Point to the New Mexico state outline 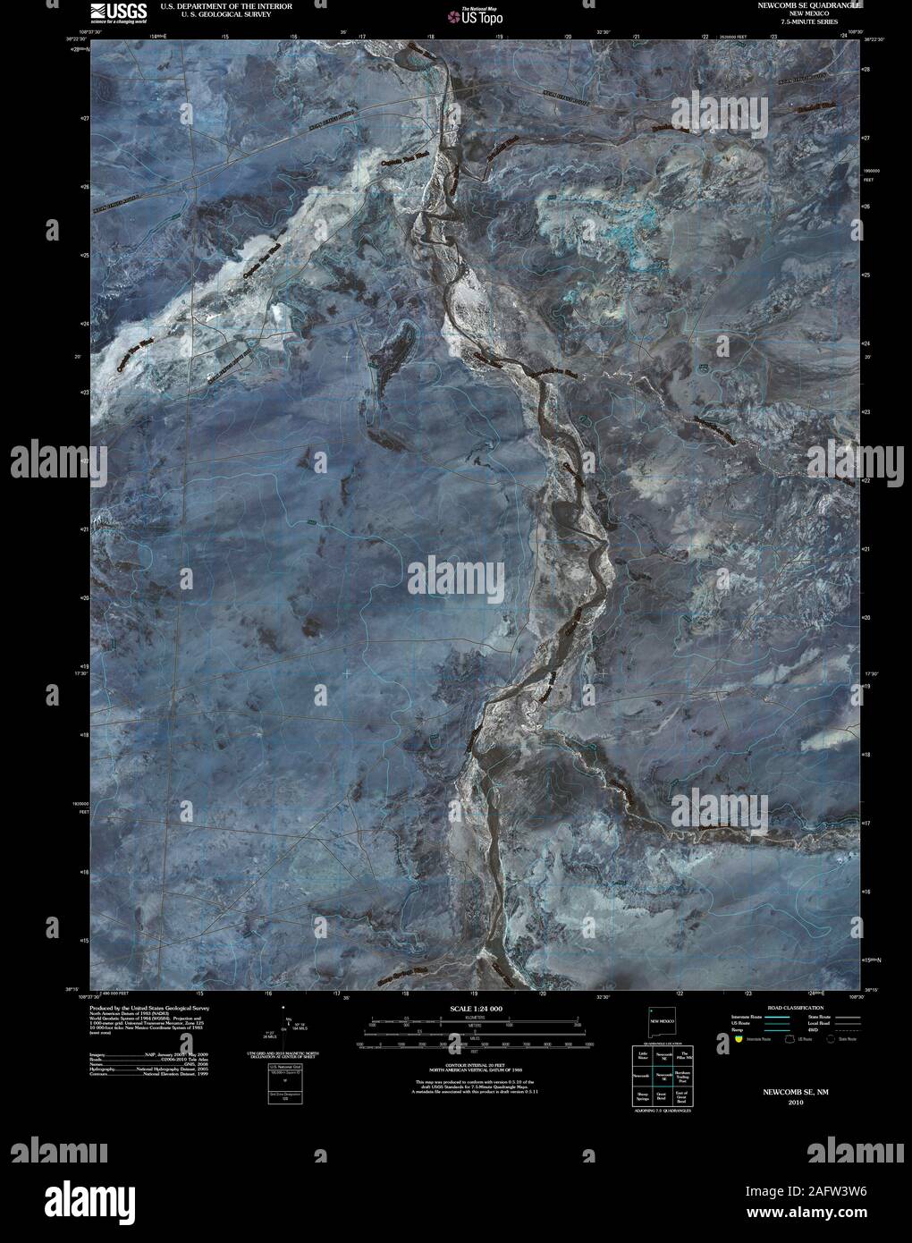click(663, 1021)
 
